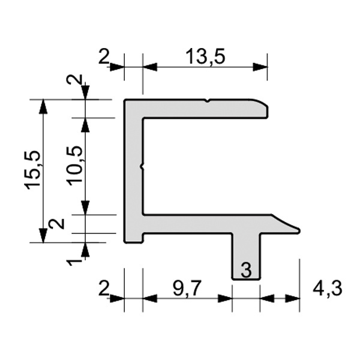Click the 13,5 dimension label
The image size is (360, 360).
pos(205,57)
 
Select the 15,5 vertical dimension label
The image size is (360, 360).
pos(34,170)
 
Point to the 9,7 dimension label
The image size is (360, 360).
pos(187,288)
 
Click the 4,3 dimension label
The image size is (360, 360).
pos(328,288)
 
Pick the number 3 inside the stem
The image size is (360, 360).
pos(246,270)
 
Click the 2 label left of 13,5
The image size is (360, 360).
pos(104,57)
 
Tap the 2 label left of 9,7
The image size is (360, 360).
pos(104,288)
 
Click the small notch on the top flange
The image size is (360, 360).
pos(208,101)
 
